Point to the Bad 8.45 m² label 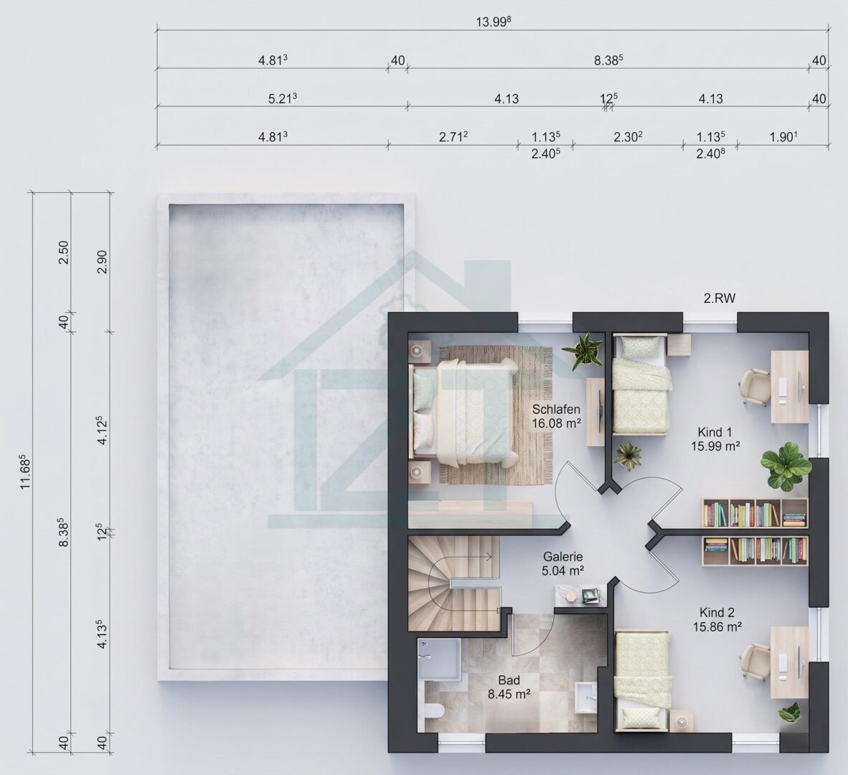tap(509, 687)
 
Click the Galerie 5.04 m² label tap(562, 563)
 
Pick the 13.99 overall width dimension tap(493, 22)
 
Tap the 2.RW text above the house tap(720, 298)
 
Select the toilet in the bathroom tap(434, 710)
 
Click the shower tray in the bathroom tap(439, 658)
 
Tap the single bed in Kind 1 tap(641, 384)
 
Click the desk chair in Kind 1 tap(755, 387)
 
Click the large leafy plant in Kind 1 tap(786, 466)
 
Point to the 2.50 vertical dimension tap(63, 252)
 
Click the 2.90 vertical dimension tap(103, 261)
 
